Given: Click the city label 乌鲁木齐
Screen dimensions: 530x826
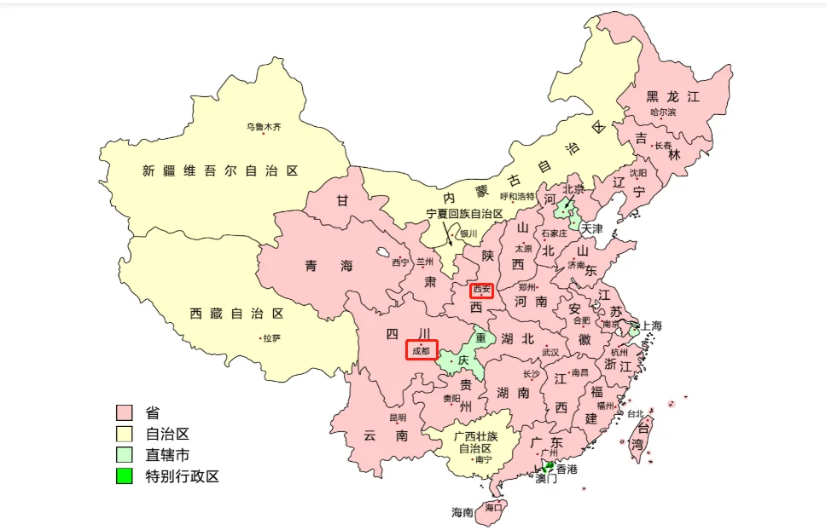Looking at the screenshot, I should click(264, 127).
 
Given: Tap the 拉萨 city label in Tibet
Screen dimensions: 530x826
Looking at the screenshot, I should click(271, 338).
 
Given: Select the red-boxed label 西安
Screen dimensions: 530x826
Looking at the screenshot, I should click(481, 290).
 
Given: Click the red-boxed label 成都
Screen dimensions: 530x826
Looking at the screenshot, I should click(422, 349).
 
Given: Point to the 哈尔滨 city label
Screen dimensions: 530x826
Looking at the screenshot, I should click(663, 112).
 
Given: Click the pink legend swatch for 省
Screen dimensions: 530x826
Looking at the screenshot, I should click(125, 413).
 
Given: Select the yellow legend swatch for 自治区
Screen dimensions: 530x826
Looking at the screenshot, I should click(125, 435).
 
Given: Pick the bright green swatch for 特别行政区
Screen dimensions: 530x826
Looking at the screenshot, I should click(125, 476).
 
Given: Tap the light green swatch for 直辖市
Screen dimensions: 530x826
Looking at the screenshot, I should click(125, 455).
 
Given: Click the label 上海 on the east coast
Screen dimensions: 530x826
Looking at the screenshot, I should click(651, 325).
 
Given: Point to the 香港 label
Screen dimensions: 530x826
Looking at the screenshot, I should click(567, 469).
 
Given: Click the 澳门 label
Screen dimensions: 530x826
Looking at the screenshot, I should click(546, 479).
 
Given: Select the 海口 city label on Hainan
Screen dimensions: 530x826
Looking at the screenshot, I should click(493, 507).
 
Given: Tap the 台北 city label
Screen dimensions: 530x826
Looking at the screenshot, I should click(636, 414).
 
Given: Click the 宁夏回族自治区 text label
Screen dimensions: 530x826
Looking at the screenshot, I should click(465, 214).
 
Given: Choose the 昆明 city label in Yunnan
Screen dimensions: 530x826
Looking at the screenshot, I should click(398, 418).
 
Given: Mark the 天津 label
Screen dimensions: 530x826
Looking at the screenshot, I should click(591, 229).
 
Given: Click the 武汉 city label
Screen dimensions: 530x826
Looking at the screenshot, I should click(550, 352).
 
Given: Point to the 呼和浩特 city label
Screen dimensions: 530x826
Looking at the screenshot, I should click(517, 196).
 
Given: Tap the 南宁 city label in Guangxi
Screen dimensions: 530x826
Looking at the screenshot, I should click(483, 460).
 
